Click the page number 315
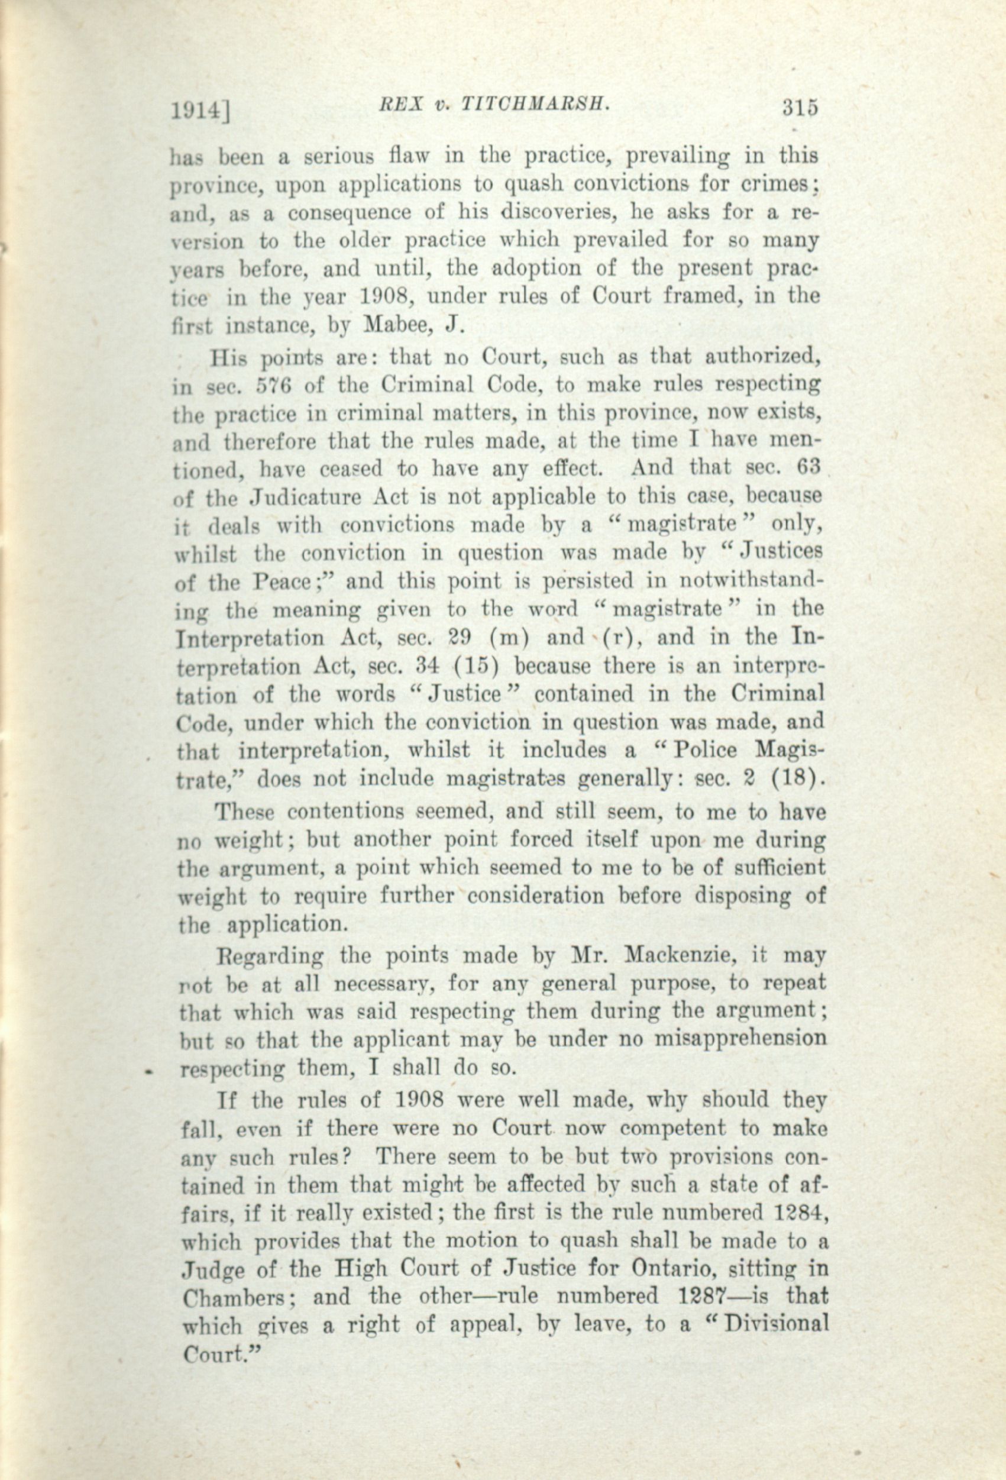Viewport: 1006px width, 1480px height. click(800, 108)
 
